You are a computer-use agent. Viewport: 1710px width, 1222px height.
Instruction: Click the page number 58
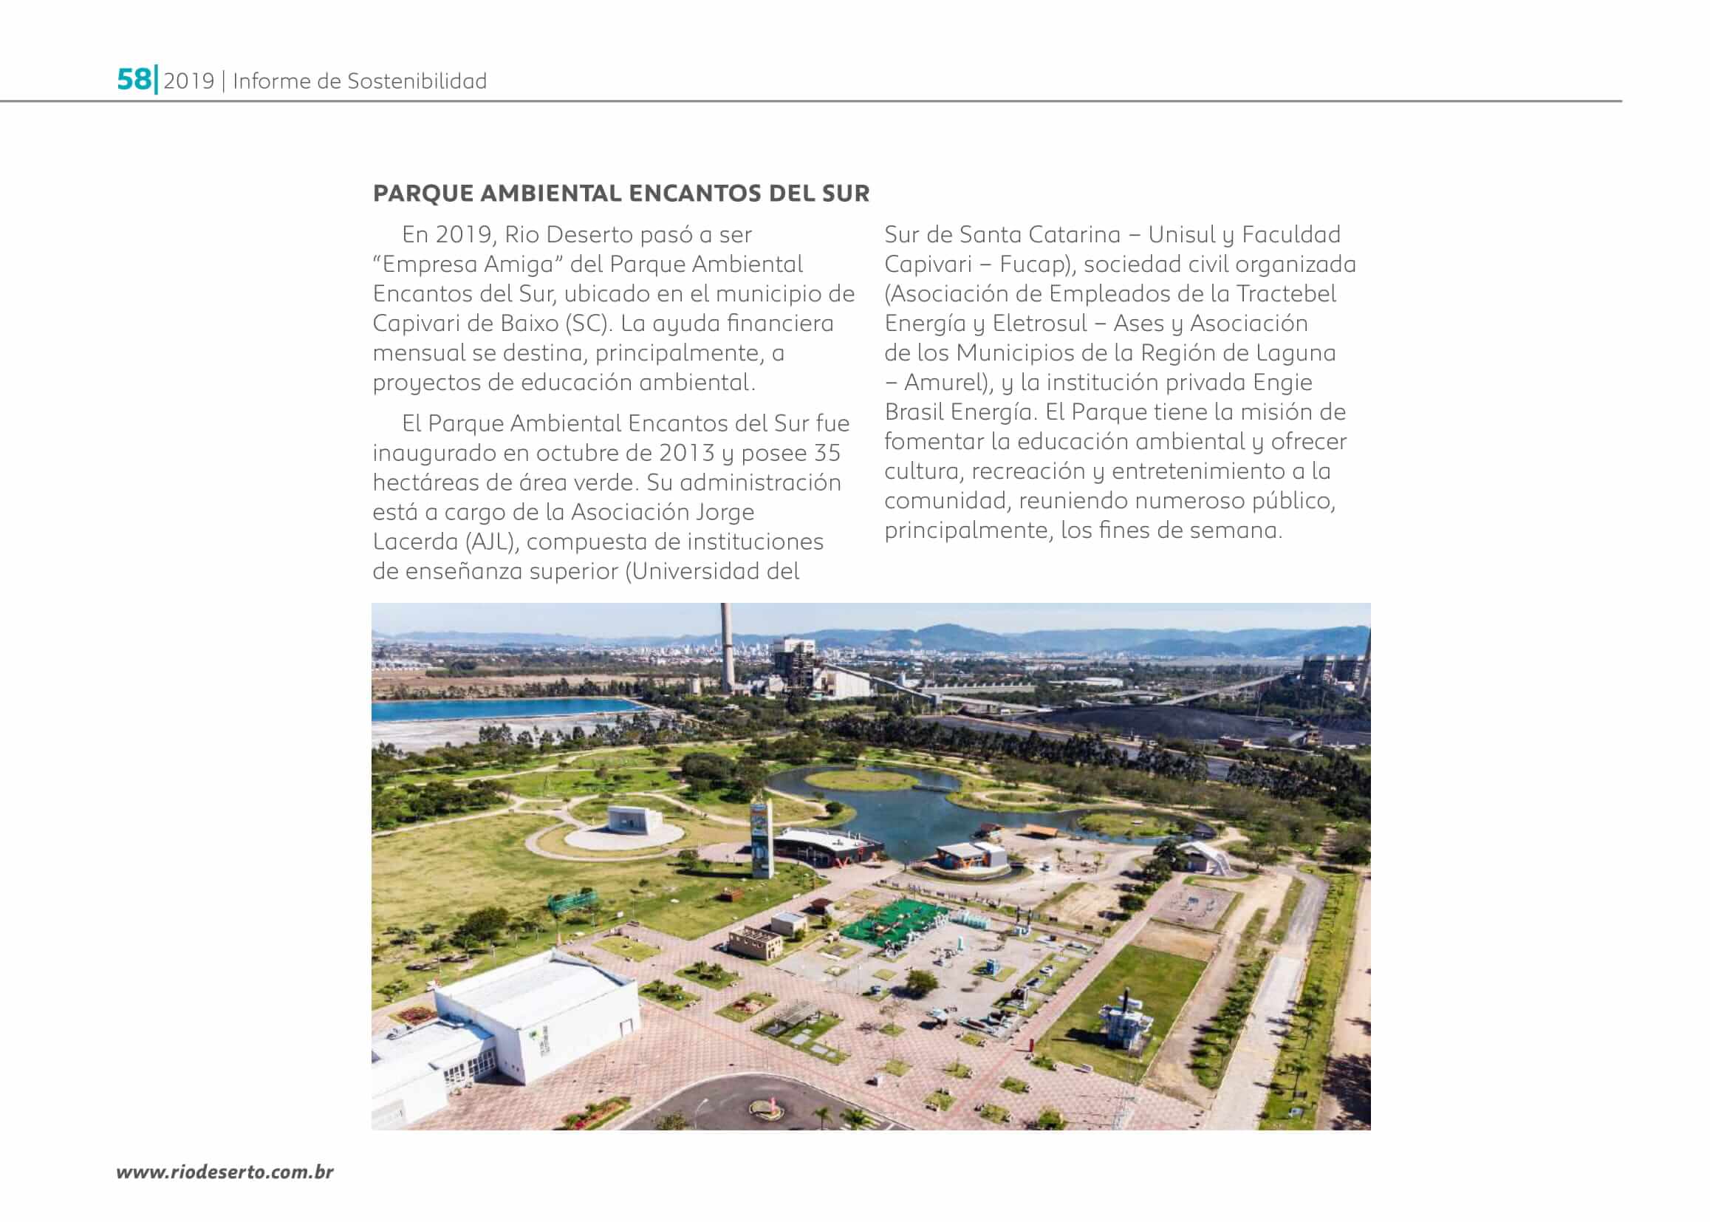[x=134, y=80]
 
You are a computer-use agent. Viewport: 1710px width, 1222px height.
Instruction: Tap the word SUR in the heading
[x=847, y=194]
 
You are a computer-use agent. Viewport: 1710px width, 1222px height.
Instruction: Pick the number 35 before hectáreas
[x=827, y=453]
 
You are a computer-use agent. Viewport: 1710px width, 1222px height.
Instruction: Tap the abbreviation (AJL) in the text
[x=490, y=542]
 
